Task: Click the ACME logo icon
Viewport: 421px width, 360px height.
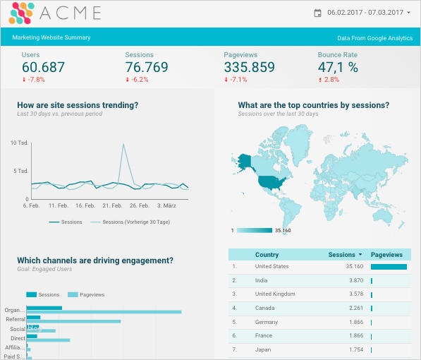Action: coord(23,13)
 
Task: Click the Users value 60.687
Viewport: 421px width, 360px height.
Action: coord(43,67)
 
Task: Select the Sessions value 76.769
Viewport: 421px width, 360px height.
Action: coord(147,67)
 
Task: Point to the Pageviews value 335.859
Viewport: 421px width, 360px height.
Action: coord(249,67)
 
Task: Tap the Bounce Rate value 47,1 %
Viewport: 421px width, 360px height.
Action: coord(338,67)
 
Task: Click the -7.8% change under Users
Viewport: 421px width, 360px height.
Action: coord(33,80)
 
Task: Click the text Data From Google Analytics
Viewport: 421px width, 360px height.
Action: coord(374,37)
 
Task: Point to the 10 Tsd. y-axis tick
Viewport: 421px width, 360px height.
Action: coord(19,143)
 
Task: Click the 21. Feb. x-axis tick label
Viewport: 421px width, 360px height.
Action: coord(112,205)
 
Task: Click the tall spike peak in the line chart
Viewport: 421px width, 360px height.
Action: coord(124,145)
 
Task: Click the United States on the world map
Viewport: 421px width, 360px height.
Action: coord(272,182)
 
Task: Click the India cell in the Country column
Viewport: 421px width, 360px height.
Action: coord(262,280)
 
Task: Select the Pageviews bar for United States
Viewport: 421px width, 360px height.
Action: coord(389,267)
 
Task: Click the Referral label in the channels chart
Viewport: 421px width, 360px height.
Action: coord(16,320)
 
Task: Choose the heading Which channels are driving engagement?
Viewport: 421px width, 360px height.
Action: coord(95,260)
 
